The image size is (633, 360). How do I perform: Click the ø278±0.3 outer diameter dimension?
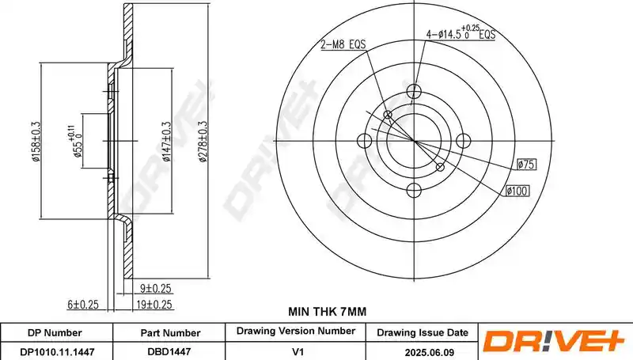coord(203,142)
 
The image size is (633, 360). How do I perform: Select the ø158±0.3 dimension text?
coord(36,142)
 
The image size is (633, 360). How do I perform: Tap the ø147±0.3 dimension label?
coord(167,142)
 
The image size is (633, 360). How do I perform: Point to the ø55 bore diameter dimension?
coord(75,142)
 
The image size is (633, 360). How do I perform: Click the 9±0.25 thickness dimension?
coord(155,288)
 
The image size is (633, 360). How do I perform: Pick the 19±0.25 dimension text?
coord(154,305)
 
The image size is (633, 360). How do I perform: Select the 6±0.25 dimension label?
coord(83,305)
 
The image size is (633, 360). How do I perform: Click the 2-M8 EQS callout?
coord(343,44)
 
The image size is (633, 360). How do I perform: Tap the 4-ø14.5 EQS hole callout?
coord(461,32)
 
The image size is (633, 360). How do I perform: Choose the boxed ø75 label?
coord(526,165)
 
